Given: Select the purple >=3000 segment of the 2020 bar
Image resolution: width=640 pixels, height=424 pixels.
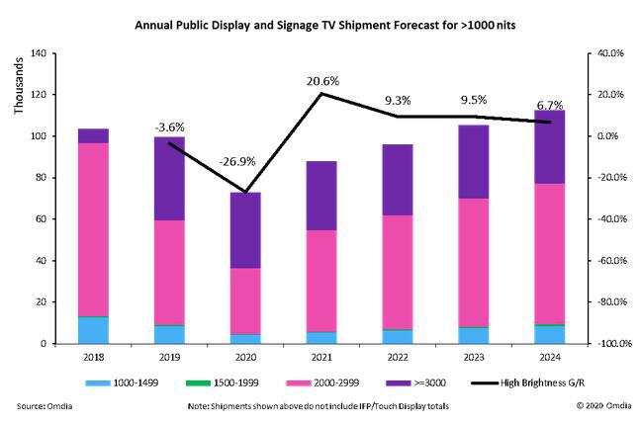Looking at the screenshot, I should coord(244,229).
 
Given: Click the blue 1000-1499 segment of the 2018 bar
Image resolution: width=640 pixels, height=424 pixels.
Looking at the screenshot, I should coord(94,330).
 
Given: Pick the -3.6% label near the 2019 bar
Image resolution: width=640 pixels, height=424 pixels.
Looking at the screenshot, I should coord(170,127).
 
